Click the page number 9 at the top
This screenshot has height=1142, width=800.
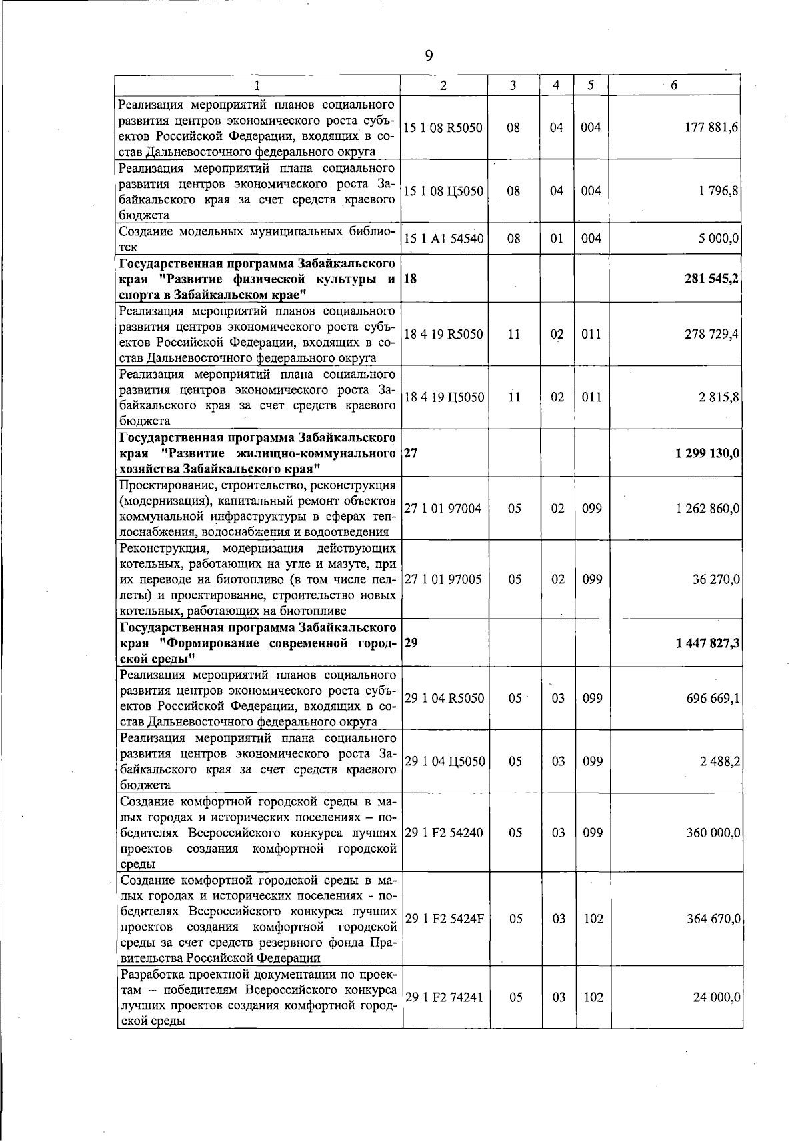[x=429, y=56]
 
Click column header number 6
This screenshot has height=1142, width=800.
[x=675, y=85]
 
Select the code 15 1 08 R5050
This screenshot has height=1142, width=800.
[x=443, y=127]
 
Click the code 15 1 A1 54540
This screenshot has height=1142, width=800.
[x=443, y=239]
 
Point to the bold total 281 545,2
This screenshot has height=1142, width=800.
[x=711, y=279]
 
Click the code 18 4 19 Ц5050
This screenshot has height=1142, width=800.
[x=444, y=397]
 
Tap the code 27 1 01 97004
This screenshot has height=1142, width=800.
[x=443, y=509]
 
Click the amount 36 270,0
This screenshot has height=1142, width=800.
[x=715, y=579]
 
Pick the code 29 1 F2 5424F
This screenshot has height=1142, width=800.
[x=444, y=919]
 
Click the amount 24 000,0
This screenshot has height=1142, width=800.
[x=715, y=997]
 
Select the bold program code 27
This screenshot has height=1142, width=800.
[x=411, y=453]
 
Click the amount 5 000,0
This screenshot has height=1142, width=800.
[x=718, y=239]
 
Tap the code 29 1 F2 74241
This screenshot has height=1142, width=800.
[x=444, y=997]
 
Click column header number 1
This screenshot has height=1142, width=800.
[x=257, y=85]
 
